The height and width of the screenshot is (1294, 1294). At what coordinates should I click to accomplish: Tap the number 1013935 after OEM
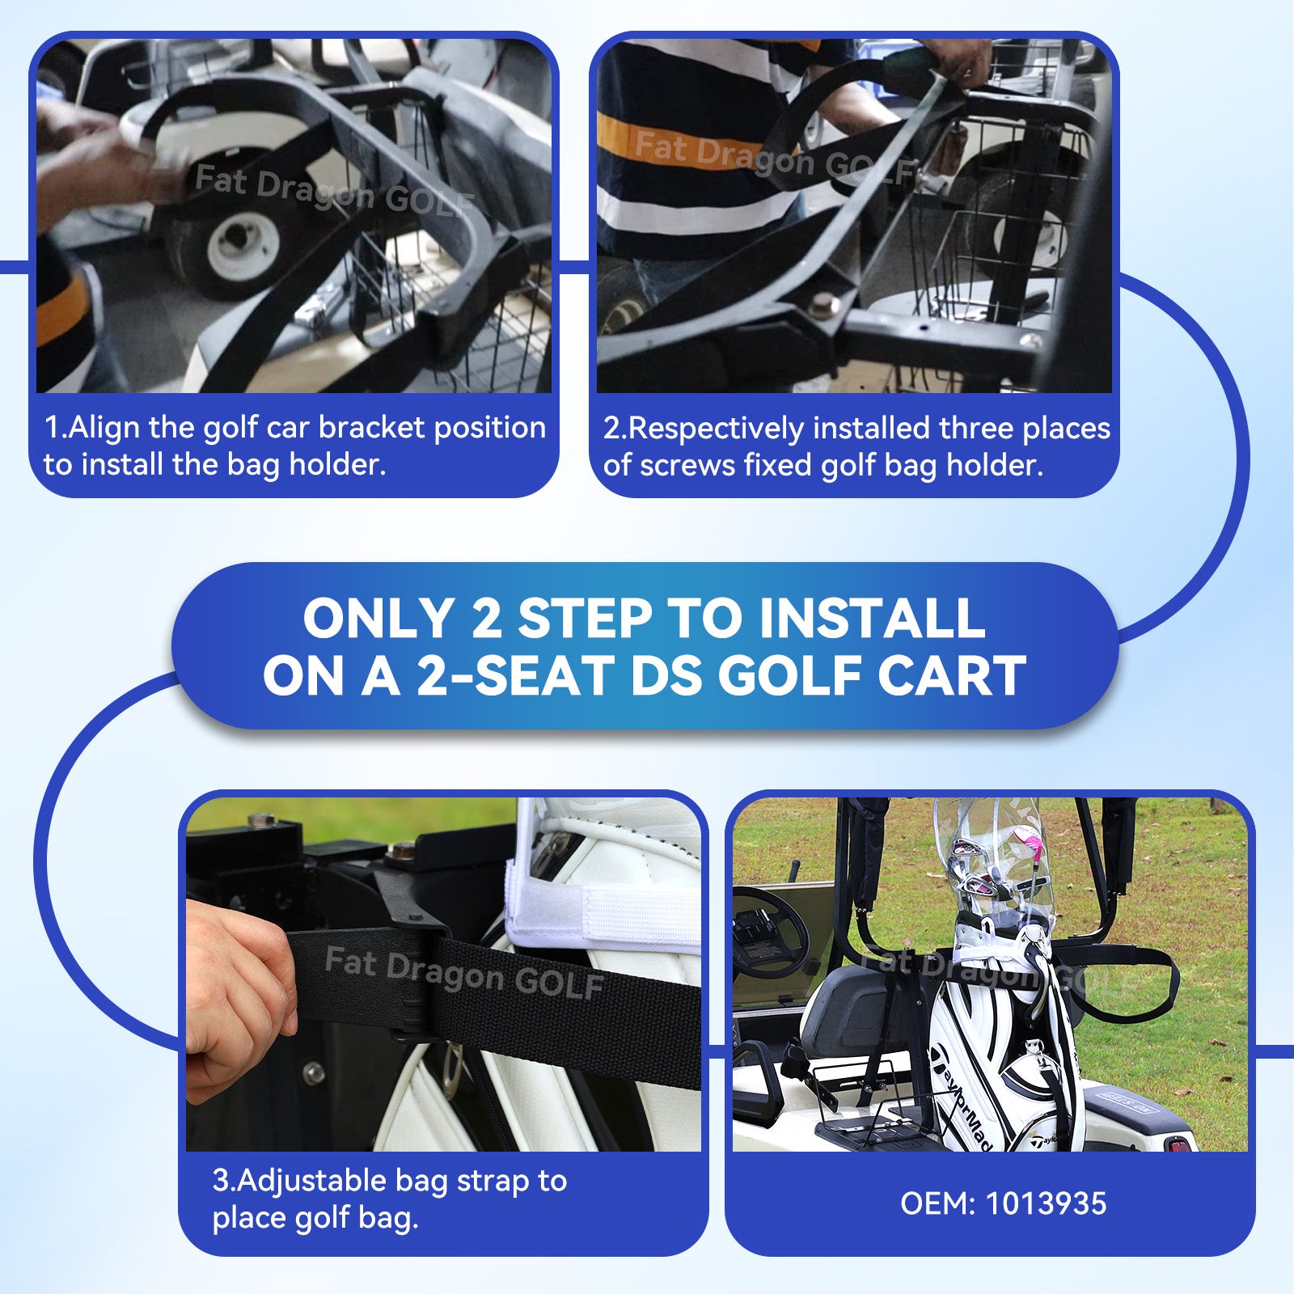(x=1045, y=1203)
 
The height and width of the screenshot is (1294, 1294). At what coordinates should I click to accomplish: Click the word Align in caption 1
(x=104, y=427)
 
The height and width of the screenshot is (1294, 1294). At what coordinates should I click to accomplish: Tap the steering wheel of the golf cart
(x=768, y=930)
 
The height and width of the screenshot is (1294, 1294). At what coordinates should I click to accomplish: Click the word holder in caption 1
(x=337, y=465)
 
